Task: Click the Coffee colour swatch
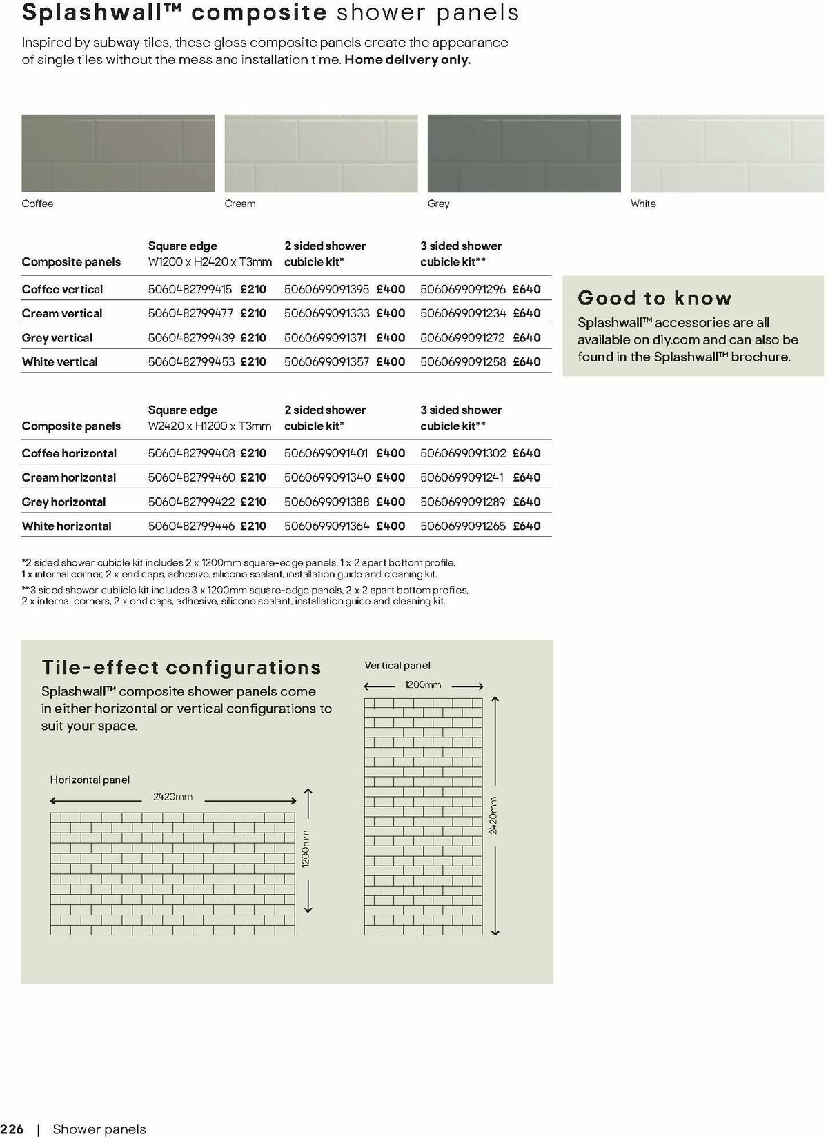click(x=118, y=153)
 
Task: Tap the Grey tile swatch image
click(x=524, y=153)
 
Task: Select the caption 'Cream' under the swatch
click(x=240, y=204)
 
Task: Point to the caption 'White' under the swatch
click(x=643, y=204)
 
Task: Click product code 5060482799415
click(x=190, y=289)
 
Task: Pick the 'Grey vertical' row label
click(x=57, y=338)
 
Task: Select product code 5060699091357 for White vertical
click(x=326, y=361)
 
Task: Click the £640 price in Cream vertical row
click(x=527, y=313)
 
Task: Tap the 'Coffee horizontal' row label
click(x=69, y=453)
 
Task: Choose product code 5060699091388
click(x=327, y=502)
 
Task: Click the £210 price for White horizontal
click(x=253, y=526)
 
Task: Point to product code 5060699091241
click(x=462, y=477)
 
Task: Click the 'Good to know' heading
click(x=654, y=298)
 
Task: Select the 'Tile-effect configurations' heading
click(x=181, y=667)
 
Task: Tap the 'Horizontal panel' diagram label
click(x=90, y=780)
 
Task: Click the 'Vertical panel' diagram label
click(x=397, y=665)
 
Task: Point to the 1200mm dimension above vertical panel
click(x=422, y=685)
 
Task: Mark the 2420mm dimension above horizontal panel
click(x=173, y=797)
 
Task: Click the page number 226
click(x=12, y=1129)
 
